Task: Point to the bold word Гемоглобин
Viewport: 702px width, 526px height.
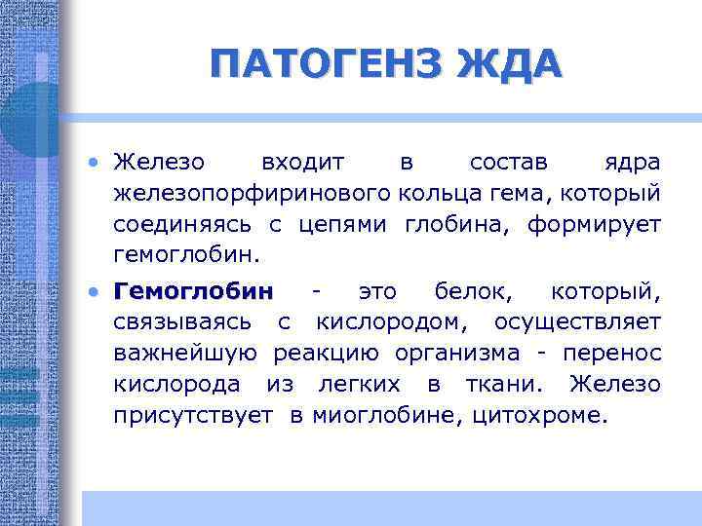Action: [x=194, y=291]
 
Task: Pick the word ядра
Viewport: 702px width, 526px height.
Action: [x=632, y=161]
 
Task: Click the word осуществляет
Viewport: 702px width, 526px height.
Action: [x=577, y=322]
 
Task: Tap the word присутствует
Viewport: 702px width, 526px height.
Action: [x=193, y=416]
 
